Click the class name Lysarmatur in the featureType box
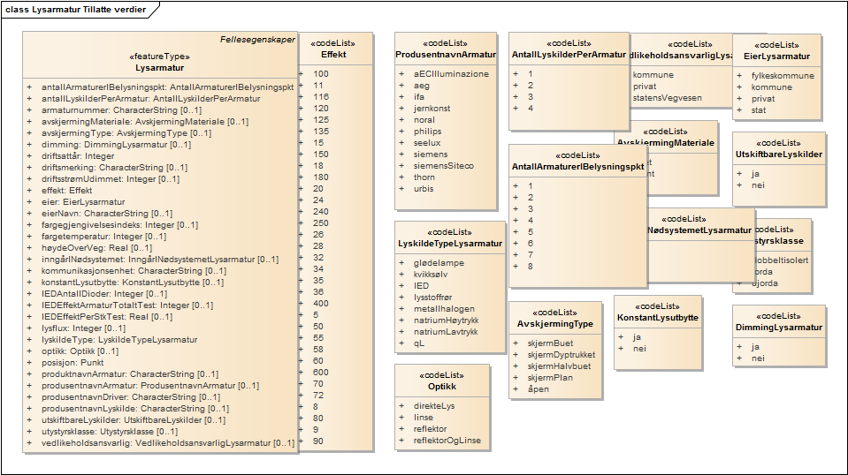[x=160, y=67]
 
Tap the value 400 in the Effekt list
[x=321, y=303]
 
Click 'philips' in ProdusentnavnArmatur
[x=427, y=132]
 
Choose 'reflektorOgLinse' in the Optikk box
[x=447, y=441]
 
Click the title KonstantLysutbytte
[x=658, y=318]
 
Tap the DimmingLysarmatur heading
[x=778, y=328]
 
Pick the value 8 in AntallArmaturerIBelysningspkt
[x=531, y=266]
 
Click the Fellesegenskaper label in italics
[x=257, y=40]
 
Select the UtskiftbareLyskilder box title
[x=779, y=155]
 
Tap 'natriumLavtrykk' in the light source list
[x=445, y=332]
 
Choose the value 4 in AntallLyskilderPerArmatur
[x=531, y=109]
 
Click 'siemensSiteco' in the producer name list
[x=443, y=166]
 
